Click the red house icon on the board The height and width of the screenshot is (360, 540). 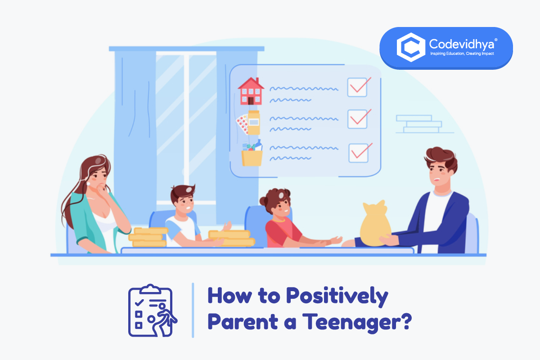tap(251, 91)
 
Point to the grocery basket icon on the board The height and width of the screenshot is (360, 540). tap(252, 154)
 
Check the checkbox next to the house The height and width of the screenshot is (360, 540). tap(358, 87)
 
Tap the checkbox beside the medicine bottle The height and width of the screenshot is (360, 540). tap(358, 119)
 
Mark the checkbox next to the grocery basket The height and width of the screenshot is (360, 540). tap(359, 153)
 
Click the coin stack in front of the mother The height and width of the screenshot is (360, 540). tap(148, 237)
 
